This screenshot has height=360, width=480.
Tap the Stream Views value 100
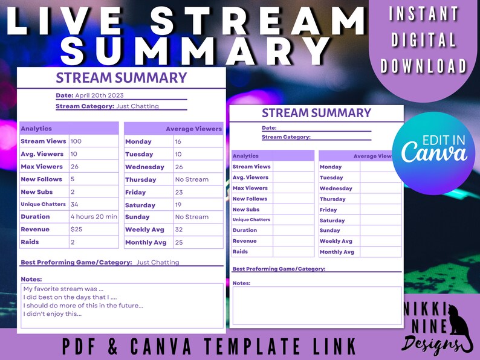pos(76,141)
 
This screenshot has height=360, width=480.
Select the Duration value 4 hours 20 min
pos(94,217)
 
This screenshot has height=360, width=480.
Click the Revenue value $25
pos(77,230)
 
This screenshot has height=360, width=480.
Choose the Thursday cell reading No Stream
pos(192,179)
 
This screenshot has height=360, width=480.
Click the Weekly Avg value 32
pos(178,230)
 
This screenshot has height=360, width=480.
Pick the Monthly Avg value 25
pos(178,242)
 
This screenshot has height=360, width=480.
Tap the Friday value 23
pos(178,192)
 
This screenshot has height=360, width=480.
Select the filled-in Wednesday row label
pos(144,167)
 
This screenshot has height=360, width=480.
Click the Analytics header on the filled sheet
pos(36,129)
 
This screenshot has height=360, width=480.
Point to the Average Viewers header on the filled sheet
pos(193,129)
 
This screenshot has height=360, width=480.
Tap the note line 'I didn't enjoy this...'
pos(53,314)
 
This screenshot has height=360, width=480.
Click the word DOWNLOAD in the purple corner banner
pos(424,66)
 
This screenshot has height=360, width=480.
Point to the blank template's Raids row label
pos(240,251)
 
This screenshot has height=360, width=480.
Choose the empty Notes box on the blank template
pos(317,306)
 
